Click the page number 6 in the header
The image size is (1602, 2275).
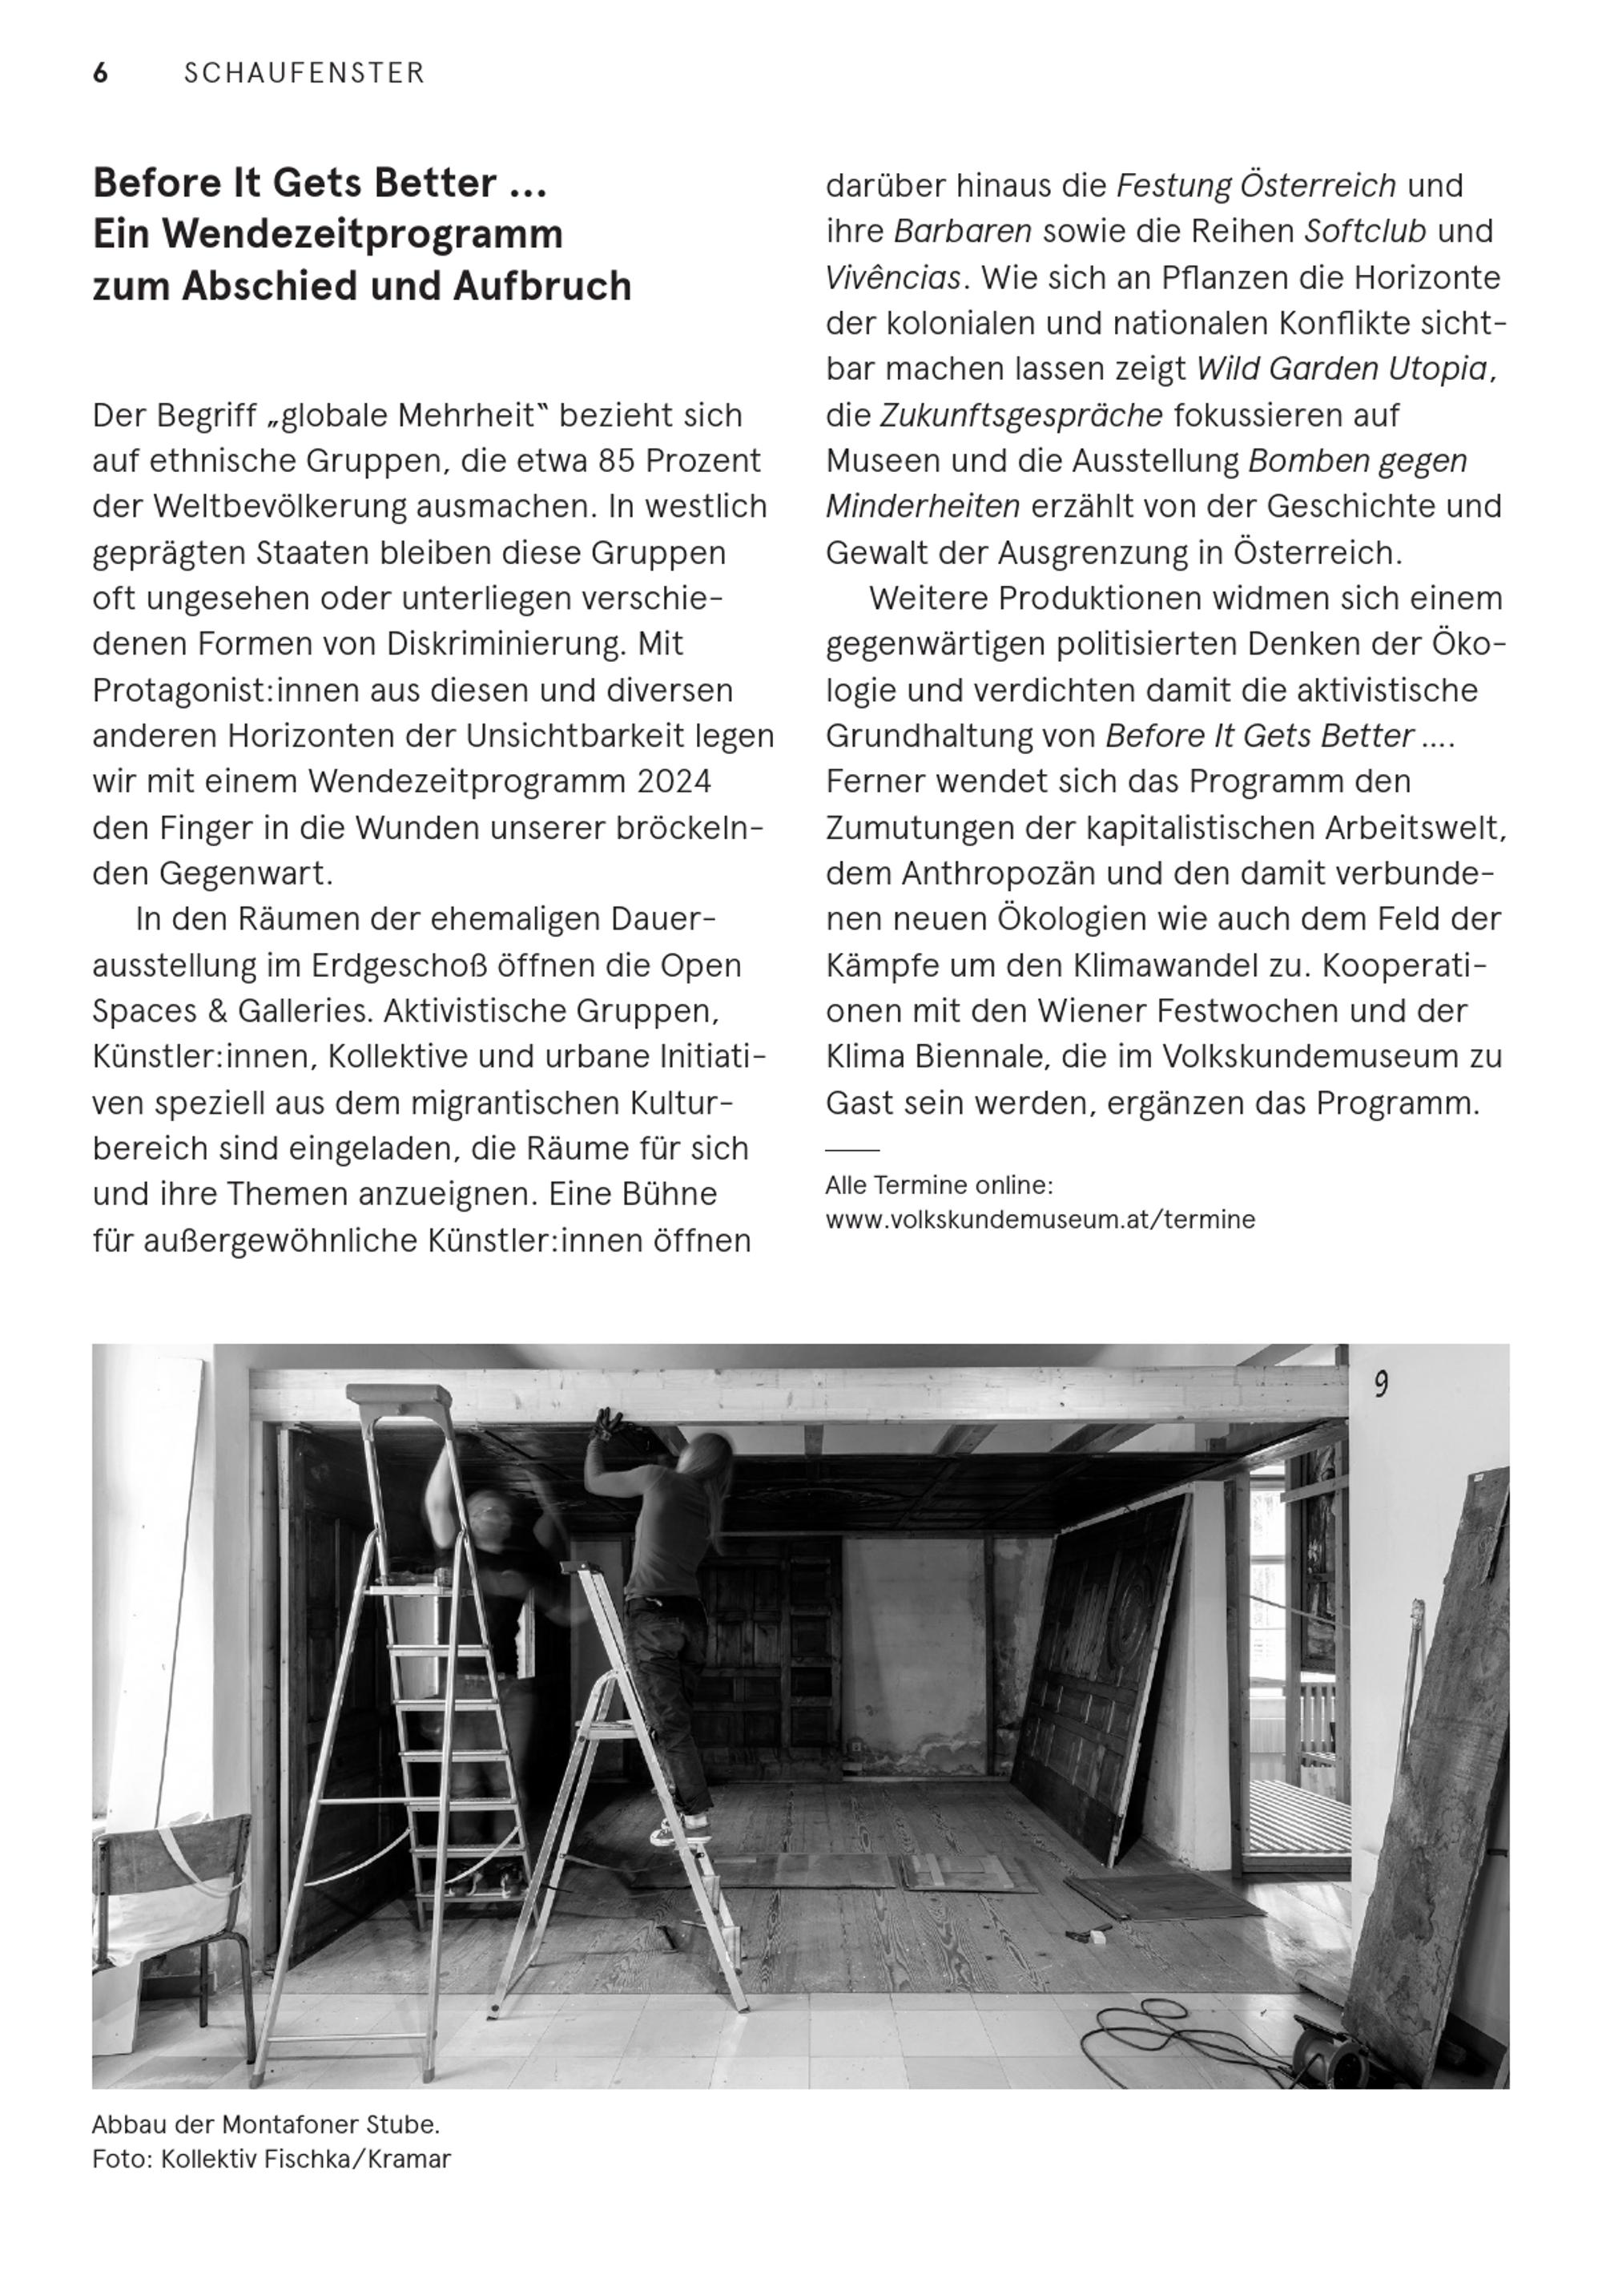coord(100,74)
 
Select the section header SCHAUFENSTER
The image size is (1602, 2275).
coord(304,74)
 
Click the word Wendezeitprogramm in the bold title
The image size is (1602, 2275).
coord(364,235)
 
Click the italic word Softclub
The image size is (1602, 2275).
coord(1364,232)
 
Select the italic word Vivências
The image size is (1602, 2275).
coord(892,278)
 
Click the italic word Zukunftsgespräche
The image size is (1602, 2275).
coord(1021,415)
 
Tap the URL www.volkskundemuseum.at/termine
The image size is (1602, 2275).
coord(1039,1220)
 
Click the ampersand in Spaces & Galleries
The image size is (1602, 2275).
coord(216,1011)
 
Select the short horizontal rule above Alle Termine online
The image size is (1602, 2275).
coord(852,1151)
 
